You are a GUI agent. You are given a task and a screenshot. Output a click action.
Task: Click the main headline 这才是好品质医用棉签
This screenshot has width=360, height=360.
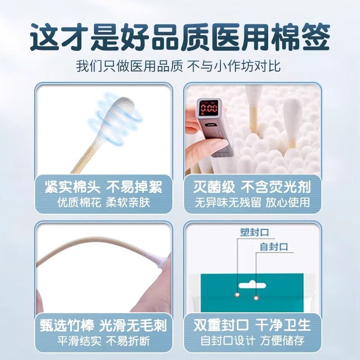coord(180,37)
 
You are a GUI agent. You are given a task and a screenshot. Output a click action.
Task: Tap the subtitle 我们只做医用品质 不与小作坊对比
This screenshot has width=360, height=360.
coord(178,66)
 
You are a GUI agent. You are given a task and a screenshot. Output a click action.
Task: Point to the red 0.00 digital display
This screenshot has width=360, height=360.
coord(209,108)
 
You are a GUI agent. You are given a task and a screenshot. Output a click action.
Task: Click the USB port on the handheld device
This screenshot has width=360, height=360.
coord(209,125)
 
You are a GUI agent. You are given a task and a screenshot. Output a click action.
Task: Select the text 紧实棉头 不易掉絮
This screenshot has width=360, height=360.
coord(103,187)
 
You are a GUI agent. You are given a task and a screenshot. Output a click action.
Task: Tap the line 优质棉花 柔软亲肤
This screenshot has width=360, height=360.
coord(103,202)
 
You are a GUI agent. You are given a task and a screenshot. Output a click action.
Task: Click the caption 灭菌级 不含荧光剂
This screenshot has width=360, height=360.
coord(252,187)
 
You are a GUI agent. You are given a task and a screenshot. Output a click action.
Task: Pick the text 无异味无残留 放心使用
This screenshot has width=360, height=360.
coord(252,202)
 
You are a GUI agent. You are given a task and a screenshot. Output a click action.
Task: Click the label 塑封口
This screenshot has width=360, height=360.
coord(254,232)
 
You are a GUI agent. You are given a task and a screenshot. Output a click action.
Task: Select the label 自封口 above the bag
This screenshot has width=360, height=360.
coord(274,247)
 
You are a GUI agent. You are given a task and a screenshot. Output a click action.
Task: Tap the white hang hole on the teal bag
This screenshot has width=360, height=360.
coord(252,285)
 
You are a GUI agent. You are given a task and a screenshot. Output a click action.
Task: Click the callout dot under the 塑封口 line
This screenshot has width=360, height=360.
coord(238,294)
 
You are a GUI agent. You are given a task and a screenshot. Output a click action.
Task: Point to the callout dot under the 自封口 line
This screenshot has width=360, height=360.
coord(256,298)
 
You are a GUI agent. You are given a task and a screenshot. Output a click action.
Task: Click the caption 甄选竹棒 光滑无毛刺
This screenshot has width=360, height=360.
coord(103,325)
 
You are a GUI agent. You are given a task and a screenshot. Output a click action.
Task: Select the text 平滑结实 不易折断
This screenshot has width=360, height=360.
coord(103,341)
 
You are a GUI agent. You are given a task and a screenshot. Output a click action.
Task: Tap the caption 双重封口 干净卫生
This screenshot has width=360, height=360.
coord(252,325)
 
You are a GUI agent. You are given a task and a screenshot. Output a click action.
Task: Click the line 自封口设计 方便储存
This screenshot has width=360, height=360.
coord(252,341)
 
